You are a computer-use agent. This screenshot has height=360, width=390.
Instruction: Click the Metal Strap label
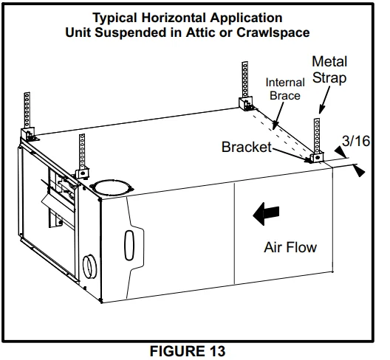[x=329, y=69]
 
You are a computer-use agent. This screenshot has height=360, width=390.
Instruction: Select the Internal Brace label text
[x=285, y=89]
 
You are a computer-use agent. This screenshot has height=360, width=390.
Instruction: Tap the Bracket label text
[x=246, y=147]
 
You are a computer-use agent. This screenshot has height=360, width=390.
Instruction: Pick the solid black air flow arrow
[x=265, y=215]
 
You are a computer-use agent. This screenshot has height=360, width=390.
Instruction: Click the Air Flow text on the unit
[x=290, y=246]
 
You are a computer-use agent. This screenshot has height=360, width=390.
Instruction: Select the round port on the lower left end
[x=89, y=264]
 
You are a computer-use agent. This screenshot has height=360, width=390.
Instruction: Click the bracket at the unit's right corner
[x=317, y=157]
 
